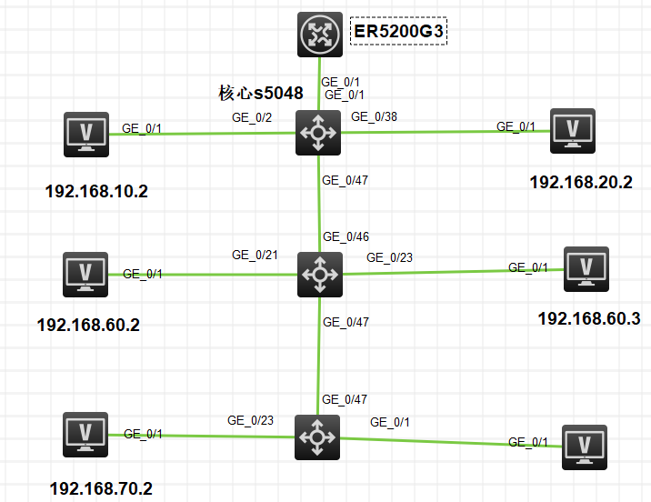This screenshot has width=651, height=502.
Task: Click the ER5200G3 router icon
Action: tap(319, 35)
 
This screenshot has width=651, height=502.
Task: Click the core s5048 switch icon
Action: tap(317, 133)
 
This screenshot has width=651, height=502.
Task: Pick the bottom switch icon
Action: tap(317, 437)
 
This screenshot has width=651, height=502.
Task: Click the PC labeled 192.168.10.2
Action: tap(85, 134)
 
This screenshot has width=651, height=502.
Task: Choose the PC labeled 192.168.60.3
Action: tap(586, 268)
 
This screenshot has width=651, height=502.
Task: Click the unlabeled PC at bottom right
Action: tap(585, 447)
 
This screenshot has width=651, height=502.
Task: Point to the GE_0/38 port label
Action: tap(374, 116)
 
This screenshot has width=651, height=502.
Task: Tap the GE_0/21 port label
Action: tap(255, 256)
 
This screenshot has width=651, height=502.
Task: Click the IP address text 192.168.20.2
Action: tap(581, 182)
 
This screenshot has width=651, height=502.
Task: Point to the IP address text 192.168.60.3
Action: tap(589, 318)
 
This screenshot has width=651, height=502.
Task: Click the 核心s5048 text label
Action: tap(261, 93)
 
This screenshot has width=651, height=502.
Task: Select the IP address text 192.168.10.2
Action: tap(96, 192)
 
